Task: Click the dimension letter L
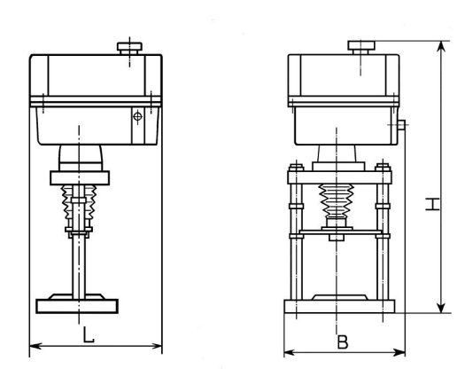[88, 334]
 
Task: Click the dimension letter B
[343, 342]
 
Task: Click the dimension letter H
[432, 204]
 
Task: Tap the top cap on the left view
[129, 48]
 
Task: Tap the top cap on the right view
[361, 47]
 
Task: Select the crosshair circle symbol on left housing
[137, 116]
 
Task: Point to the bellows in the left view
[79, 205]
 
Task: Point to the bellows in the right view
[337, 200]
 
